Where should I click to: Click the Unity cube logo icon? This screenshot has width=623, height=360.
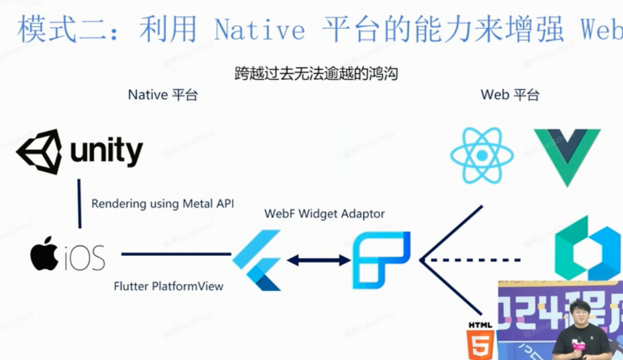pyautogui.click(x=39, y=151)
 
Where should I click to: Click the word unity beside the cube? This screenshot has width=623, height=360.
pyautogui.click(x=106, y=151)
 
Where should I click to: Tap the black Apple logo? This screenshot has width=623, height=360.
pyautogui.click(x=44, y=254)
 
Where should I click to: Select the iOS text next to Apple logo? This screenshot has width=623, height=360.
pyautogui.click(x=85, y=257)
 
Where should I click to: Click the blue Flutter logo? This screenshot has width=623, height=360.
pyautogui.click(x=257, y=260)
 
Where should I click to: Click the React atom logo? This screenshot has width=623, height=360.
pyautogui.click(x=482, y=155)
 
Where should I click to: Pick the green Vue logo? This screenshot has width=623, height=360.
pyautogui.click(x=566, y=155)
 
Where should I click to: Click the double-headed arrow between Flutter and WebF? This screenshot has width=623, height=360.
pyautogui.click(x=319, y=260)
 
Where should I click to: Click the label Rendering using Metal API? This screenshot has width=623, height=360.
pyautogui.click(x=162, y=204)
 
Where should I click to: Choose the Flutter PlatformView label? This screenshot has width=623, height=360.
pyautogui.click(x=168, y=286)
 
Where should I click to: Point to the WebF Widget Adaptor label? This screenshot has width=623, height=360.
pyautogui.click(x=324, y=213)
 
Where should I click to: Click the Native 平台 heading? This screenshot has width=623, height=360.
pyautogui.click(x=162, y=95)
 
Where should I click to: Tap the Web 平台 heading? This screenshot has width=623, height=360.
pyautogui.click(x=510, y=95)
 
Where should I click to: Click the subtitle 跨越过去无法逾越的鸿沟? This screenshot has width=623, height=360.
pyautogui.click(x=316, y=74)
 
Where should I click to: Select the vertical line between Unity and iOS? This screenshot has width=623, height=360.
pyautogui.click(x=79, y=203)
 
